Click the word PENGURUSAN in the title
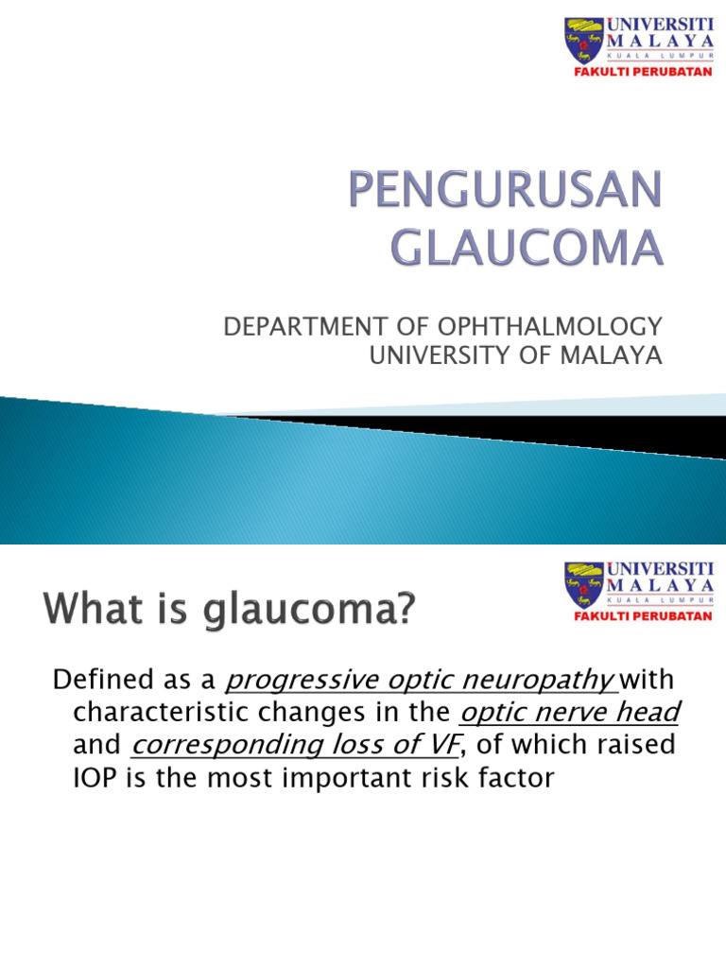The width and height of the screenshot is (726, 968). click(500, 193)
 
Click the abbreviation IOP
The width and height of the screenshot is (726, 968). click(95, 779)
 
